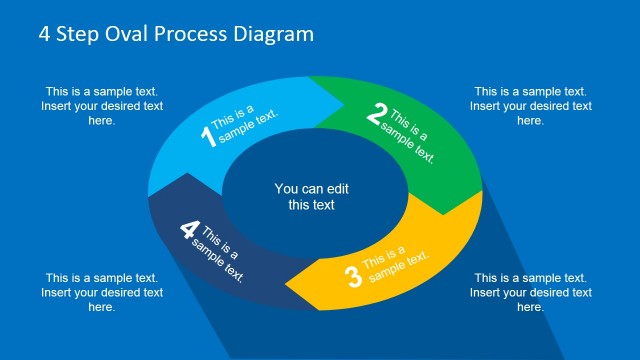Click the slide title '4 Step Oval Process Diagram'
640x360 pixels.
point(176,34)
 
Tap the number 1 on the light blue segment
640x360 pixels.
point(209,136)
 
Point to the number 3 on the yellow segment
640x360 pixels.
point(352,277)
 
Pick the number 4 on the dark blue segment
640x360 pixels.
point(189,230)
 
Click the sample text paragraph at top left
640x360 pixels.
point(102,105)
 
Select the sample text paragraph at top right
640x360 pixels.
point(530,105)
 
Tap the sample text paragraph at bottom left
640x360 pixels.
point(102,292)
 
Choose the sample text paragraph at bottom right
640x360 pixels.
point(530,292)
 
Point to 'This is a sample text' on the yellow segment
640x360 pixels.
point(394,263)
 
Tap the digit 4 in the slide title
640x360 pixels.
point(45,34)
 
